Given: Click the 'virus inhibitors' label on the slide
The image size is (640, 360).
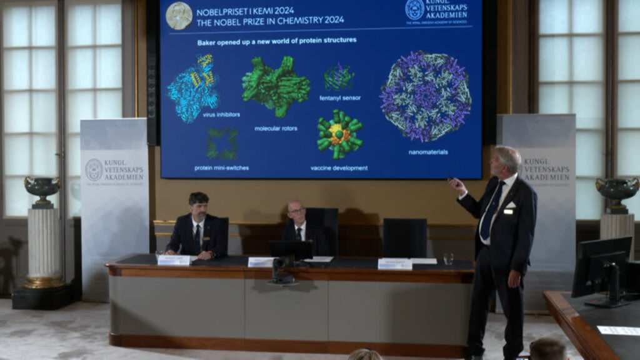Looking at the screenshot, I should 221,114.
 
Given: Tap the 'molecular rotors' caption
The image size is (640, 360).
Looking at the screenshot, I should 276,128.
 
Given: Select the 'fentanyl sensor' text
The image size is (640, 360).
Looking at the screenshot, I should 340,98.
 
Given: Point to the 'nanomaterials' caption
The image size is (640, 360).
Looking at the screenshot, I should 428,151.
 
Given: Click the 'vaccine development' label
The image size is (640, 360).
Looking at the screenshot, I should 339,167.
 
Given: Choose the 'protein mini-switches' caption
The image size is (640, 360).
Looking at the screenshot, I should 222,167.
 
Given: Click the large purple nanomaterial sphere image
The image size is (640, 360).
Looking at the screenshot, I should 426,96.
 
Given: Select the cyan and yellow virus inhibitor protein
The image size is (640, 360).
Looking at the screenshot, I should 193,87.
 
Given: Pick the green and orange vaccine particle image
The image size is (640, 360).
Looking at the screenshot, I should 339,134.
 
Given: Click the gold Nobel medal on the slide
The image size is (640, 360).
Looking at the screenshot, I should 179,16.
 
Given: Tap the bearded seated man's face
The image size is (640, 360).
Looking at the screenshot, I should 199,207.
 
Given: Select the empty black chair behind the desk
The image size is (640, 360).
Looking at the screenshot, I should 404,237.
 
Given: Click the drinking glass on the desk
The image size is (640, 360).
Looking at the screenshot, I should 448,259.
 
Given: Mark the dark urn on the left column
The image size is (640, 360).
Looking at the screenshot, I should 42,189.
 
